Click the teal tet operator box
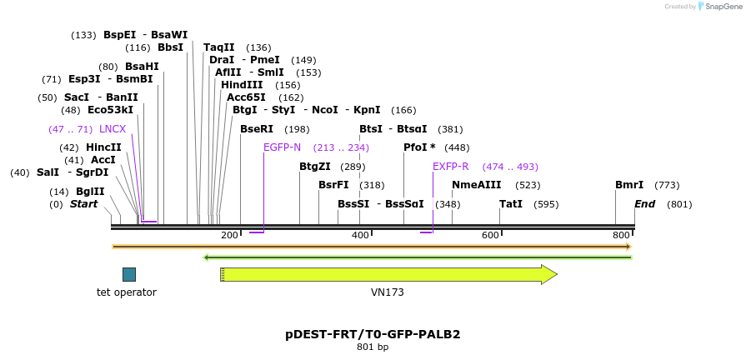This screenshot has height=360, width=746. coord(128,274)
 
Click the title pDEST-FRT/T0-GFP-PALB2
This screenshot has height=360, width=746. coord(373,334)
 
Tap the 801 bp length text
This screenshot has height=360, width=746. coord(373,347)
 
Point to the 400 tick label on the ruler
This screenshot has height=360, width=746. coord(360,236)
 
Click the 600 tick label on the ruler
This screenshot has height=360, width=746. coord(490,236)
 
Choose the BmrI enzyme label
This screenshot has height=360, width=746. coord(629,185)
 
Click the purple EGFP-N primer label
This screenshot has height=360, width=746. coord(282,147)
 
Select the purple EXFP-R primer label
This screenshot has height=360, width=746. coord(450,167)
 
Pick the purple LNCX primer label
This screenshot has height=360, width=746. coord(113,129)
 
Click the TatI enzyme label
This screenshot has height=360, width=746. coord(511,204)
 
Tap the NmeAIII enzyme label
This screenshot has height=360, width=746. coord(477,185)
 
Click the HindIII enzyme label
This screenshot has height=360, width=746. coord(242,85)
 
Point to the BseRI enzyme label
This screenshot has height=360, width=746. coord(257,129)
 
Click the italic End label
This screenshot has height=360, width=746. coord(644,204)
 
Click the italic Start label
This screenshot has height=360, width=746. coord(83,204)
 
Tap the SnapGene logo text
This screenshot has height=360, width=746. coord(723,7)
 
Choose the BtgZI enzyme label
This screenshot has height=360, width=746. coord(315,167)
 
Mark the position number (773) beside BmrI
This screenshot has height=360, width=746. coord(667,185)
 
